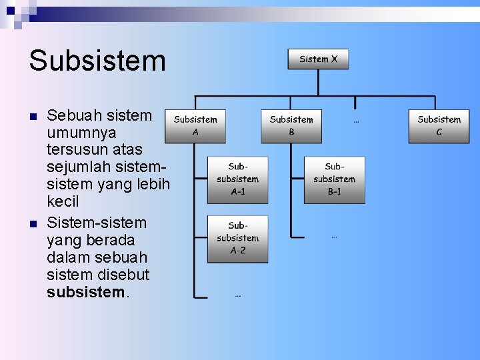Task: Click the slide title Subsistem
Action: click(97, 61)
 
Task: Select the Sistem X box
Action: click(318, 59)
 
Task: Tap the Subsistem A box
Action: click(195, 125)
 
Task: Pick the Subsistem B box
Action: click(291, 125)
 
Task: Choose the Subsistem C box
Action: click(439, 125)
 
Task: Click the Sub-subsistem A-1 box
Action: click(238, 179)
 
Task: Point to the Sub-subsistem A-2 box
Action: click(238, 238)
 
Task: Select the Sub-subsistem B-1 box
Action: click(334, 179)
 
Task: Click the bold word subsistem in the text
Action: click(85, 292)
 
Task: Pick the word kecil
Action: click(63, 201)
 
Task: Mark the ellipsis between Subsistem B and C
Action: click(356, 121)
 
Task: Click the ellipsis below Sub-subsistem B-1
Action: click(334, 236)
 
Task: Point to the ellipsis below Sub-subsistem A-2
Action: click(238, 295)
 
